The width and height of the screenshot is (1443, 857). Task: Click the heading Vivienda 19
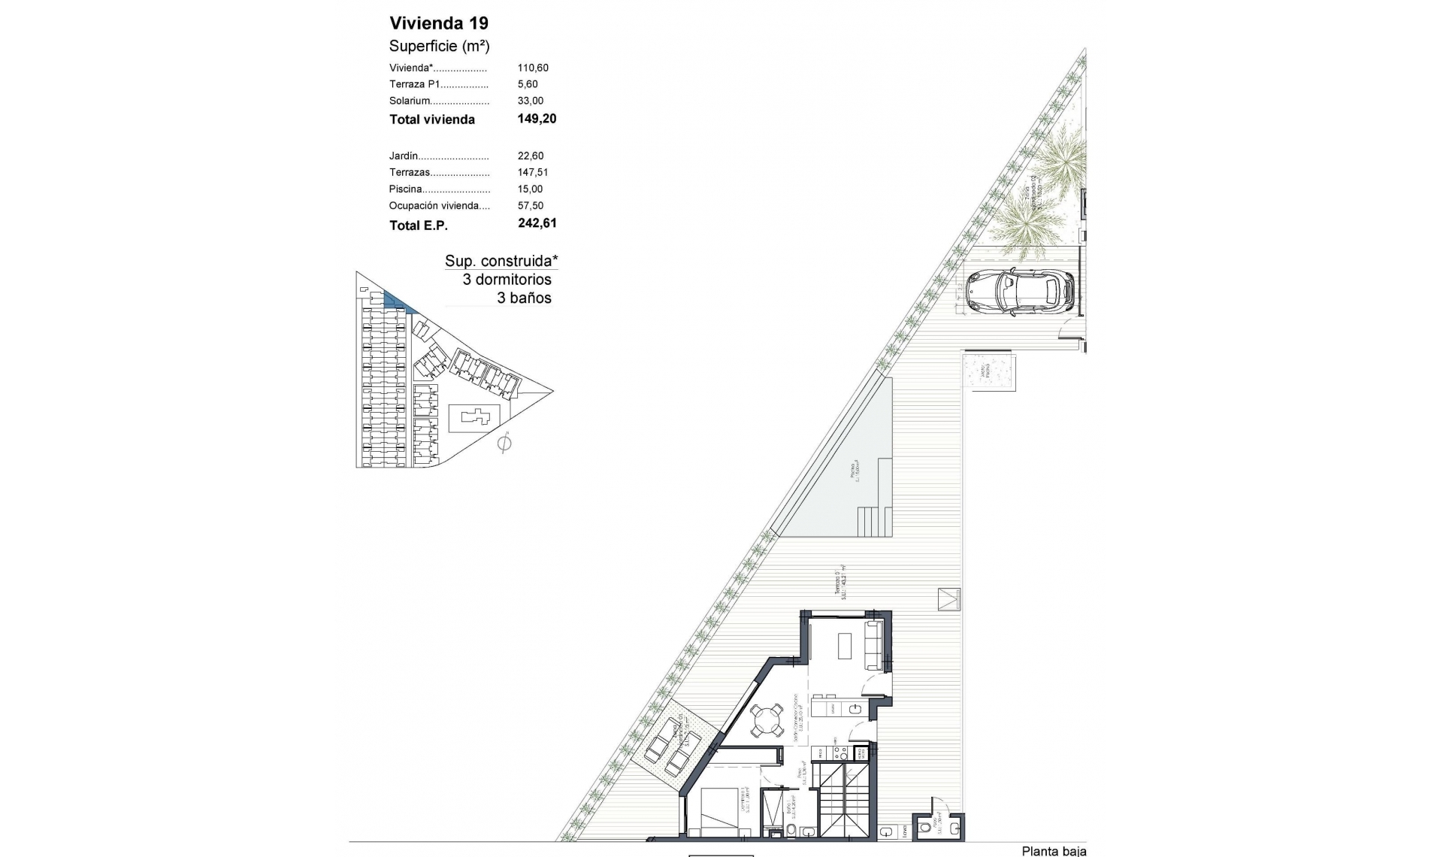point(438,23)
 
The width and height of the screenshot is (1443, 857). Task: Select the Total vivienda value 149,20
point(537,119)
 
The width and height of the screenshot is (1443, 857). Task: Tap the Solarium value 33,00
point(530,101)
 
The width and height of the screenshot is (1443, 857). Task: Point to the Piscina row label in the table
point(406,189)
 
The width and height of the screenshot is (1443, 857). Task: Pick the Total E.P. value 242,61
point(537,223)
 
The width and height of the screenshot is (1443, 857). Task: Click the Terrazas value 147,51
point(532,173)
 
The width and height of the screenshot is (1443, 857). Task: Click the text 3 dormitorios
point(507,280)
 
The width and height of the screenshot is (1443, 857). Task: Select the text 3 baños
point(524,298)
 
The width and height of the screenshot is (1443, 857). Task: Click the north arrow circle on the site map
point(504,444)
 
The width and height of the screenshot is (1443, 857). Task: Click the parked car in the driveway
point(1020,292)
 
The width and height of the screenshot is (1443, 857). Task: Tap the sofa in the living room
point(875,645)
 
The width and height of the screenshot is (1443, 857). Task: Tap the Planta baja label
point(1053,851)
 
